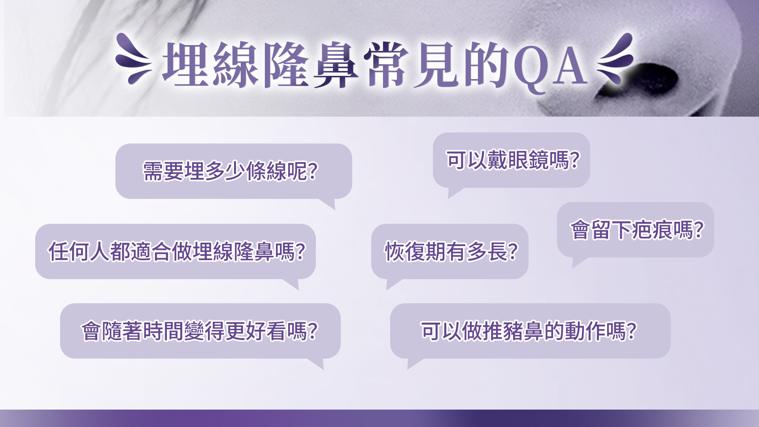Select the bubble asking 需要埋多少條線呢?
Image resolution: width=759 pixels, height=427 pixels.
[x=233, y=171]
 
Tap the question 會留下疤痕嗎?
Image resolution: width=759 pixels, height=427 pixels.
[x=635, y=230]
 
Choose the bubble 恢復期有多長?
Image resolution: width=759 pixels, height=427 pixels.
[x=449, y=251]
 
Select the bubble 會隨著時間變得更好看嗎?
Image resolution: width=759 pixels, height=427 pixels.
[x=200, y=331]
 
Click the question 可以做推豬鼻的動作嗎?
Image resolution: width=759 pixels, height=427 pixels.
[x=530, y=331]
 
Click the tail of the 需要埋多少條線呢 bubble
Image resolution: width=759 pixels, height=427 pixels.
[x=330, y=204]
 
